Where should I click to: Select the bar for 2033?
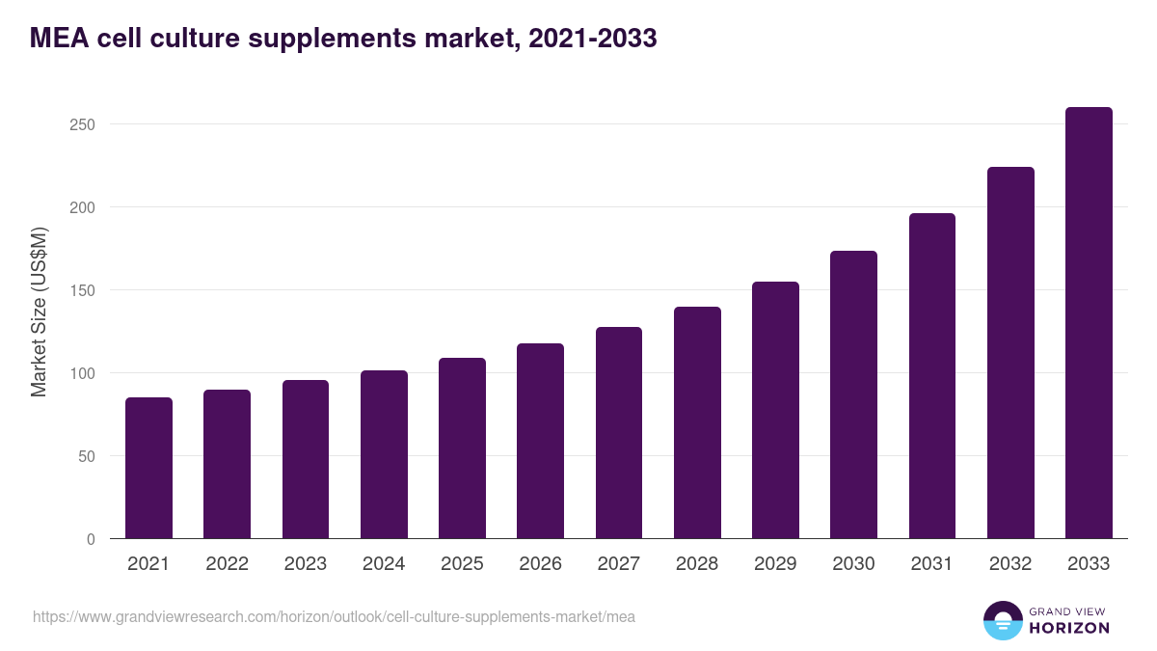click(x=1089, y=323)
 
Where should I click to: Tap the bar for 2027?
click(x=619, y=433)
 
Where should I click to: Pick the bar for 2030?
click(x=853, y=394)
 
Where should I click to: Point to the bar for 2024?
click(x=384, y=454)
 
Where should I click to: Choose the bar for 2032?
click(x=1010, y=353)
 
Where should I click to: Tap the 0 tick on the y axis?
click(x=91, y=539)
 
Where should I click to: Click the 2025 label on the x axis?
click(x=462, y=564)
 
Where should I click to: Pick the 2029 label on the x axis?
click(x=775, y=564)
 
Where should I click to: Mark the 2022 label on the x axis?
click(x=227, y=564)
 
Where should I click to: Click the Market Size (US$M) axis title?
click(x=39, y=311)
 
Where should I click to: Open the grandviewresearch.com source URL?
click(x=334, y=616)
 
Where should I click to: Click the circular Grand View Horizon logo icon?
click(x=1002, y=620)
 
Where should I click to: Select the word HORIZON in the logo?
click(x=1069, y=628)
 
